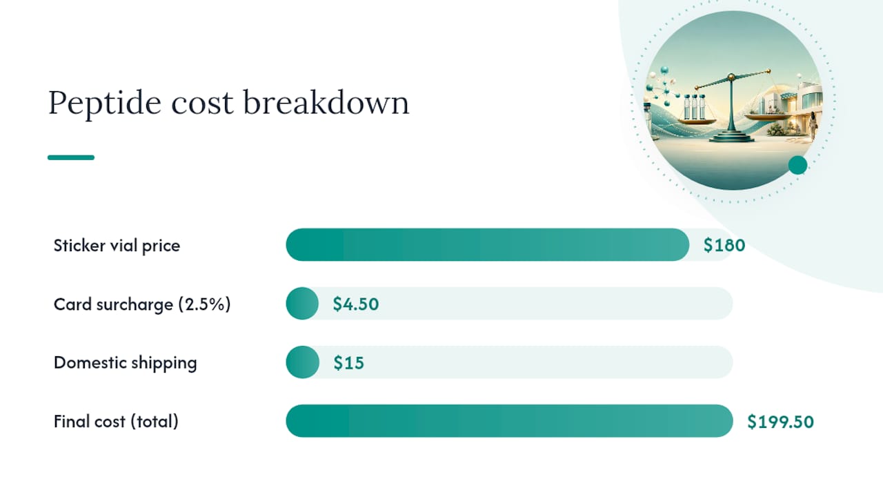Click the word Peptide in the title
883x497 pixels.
(x=105, y=103)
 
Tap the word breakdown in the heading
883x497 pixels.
(x=326, y=102)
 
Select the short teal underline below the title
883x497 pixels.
(x=71, y=157)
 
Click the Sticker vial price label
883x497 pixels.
(x=117, y=246)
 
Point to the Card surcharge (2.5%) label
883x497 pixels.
(x=142, y=304)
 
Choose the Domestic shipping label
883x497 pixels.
(x=125, y=363)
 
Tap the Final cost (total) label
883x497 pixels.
(x=116, y=421)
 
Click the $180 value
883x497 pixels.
(x=724, y=245)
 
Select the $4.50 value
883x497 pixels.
(x=355, y=304)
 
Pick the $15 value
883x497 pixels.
(x=348, y=362)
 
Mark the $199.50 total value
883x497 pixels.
(x=780, y=422)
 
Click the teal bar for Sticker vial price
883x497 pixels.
(x=488, y=244)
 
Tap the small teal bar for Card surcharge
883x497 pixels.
(x=302, y=303)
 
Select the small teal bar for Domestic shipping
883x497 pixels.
(x=302, y=362)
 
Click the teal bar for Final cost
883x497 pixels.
(x=509, y=421)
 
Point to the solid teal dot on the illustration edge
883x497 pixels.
(x=798, y=165)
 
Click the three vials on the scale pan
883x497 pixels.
(x=694, y=106)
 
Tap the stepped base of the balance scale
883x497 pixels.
(x=732, y=136)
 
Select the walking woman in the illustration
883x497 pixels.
(x=813, y=125)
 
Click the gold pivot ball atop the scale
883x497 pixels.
(x=731, y=77)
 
